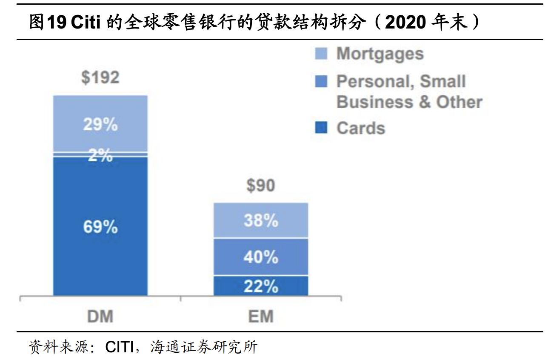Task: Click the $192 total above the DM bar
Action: [100, 78]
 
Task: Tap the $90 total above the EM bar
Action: [261, 186]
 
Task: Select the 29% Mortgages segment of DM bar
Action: [100, 124]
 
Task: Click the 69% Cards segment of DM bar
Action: [100, 227]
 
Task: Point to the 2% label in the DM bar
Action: [100, 156]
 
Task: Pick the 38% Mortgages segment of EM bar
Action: [261, 220]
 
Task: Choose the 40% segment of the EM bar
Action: [261, 257]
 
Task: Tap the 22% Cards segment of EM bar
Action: [261, 286]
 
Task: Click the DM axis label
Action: [100, 317]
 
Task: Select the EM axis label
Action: [261, 317]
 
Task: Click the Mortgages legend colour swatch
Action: [321, 54]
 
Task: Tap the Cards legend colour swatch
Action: [321, 128]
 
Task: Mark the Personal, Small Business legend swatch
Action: [321, 81]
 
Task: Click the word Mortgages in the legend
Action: [380, 54]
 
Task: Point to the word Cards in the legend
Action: [361, 128]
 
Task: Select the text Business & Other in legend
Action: [409, 102]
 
